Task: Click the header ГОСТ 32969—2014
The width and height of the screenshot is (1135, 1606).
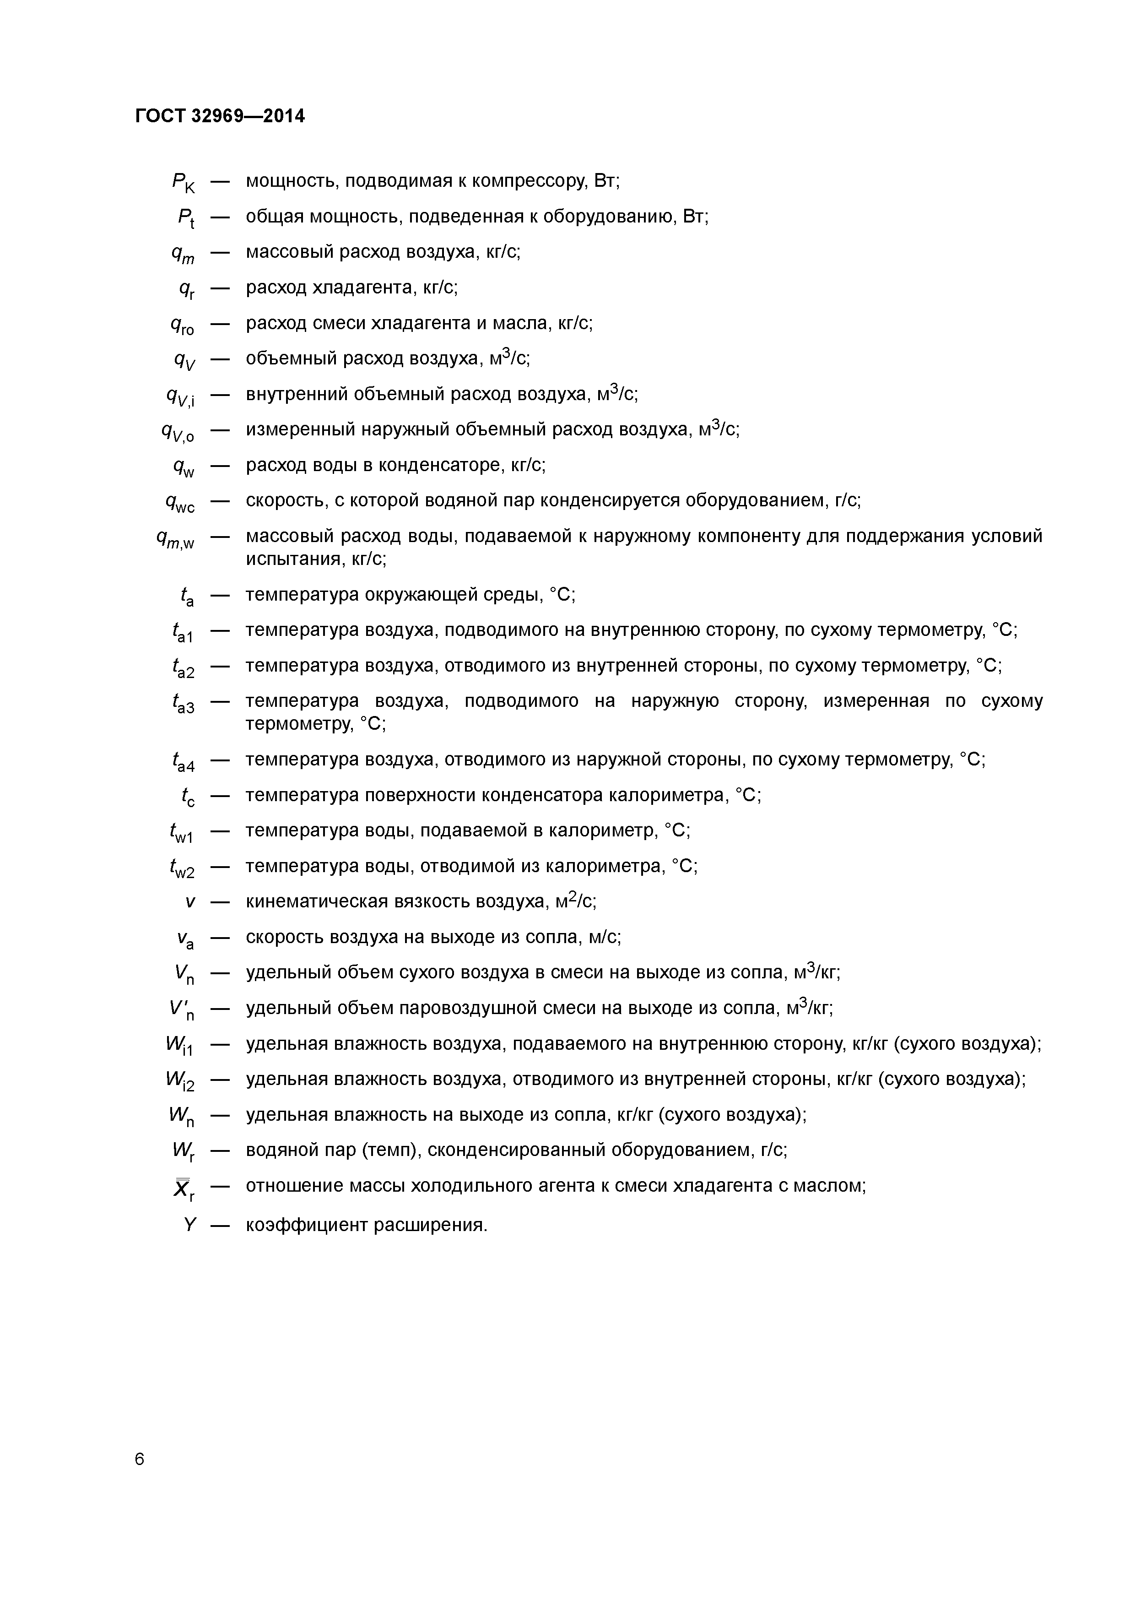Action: (x=220, y=116)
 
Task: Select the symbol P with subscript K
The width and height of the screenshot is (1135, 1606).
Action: (x=183, y=183)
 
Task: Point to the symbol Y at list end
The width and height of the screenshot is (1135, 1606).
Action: (x=189, y=1225)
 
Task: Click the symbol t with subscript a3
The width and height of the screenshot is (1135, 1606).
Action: (x=183, y=704)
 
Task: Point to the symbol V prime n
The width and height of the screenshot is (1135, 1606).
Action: (x=181, y=1010)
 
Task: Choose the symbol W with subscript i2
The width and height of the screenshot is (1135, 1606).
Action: (x=180, y=1081)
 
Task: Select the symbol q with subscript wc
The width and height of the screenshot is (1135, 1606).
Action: (x=180, y=503)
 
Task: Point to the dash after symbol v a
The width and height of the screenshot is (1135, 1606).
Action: (x=220, y=937)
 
